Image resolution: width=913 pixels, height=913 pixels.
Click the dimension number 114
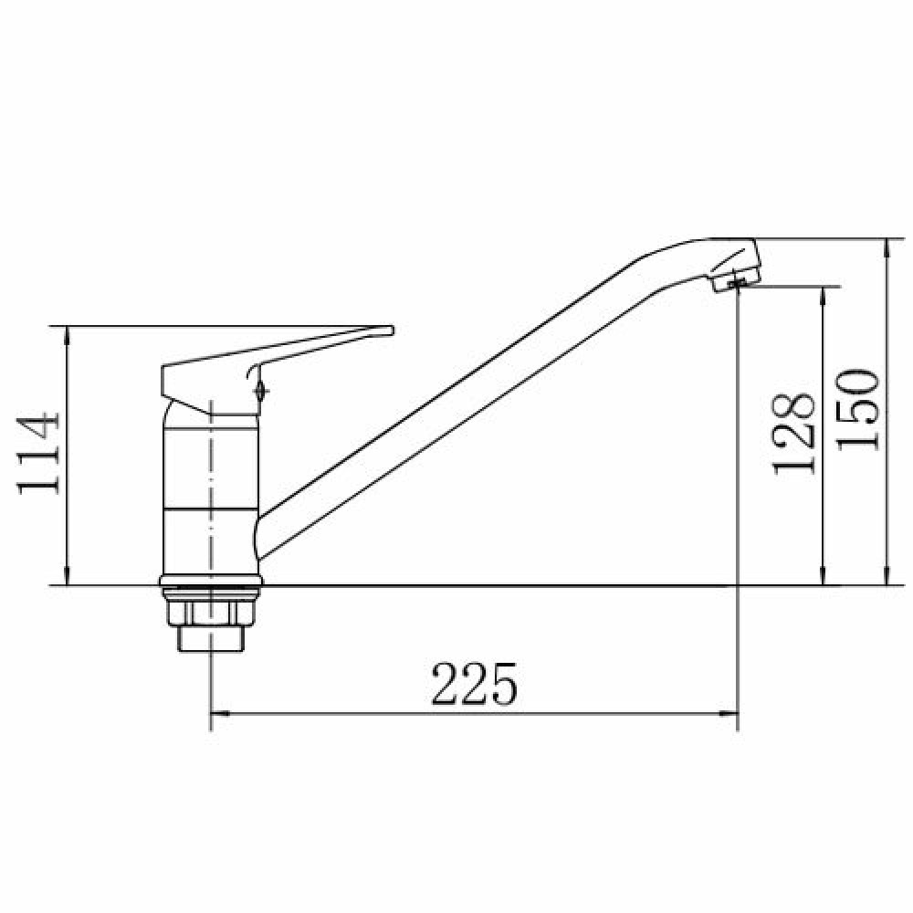tap(38, 454)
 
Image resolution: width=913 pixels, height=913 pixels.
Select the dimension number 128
tap(793, 433)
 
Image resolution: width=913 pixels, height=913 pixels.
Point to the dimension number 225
tap(474, 684)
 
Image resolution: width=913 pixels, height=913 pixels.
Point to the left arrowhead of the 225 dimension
tap(219, 713)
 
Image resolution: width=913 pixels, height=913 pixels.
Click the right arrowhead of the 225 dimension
tap(729, 713)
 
